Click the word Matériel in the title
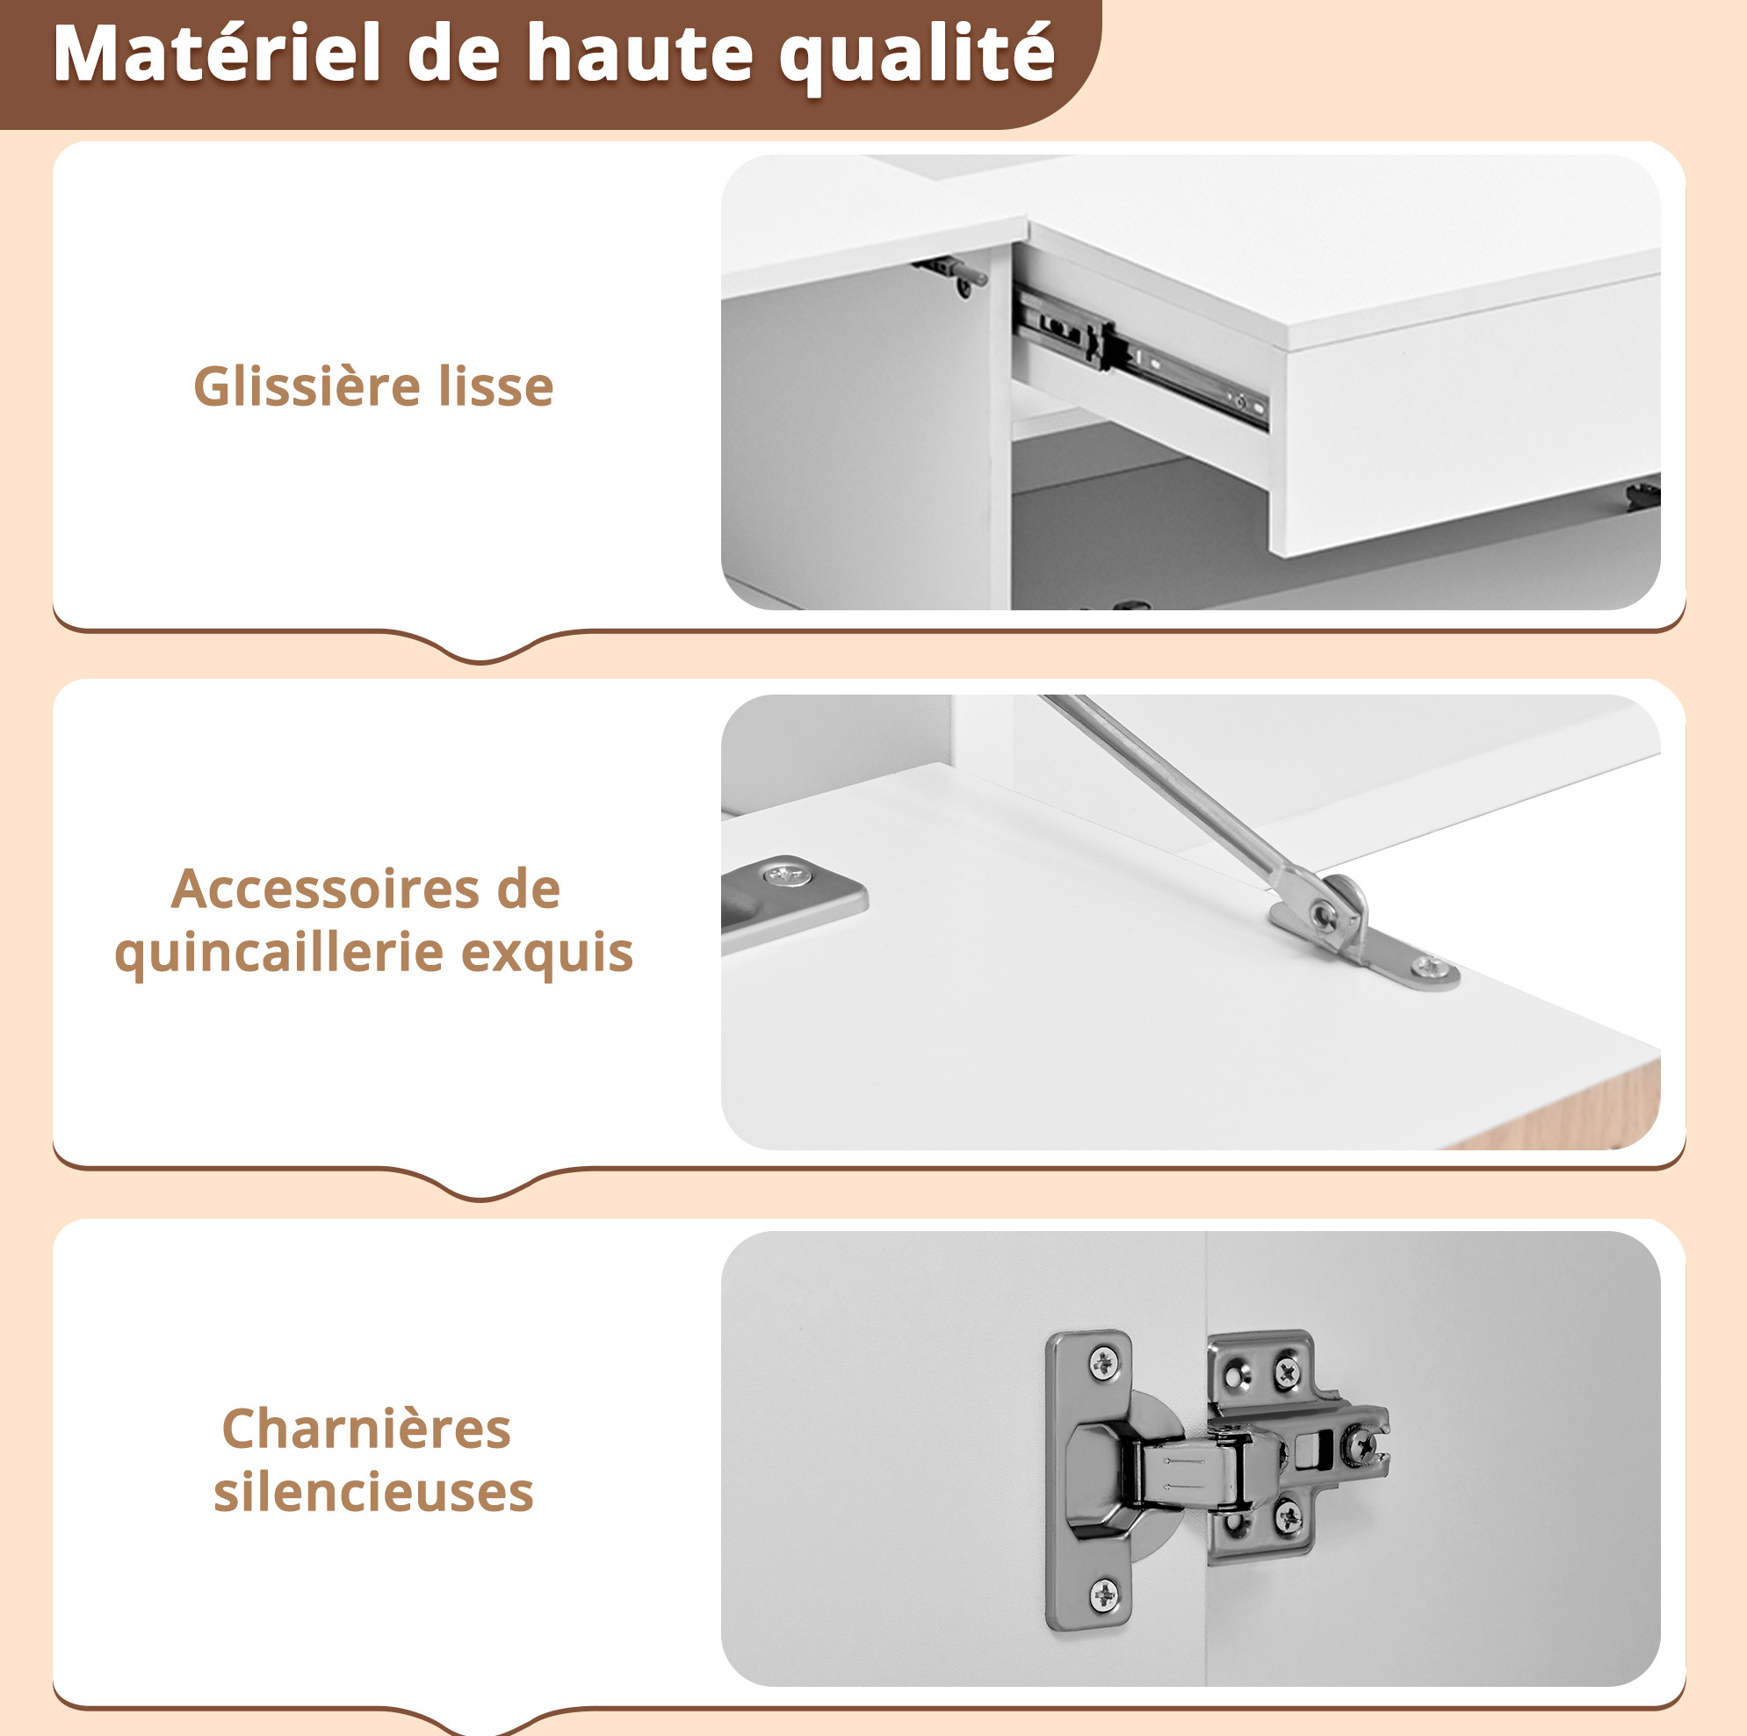pyautogui.click(x=217, y=54)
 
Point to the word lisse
pyautogui.click(x=495, y=386)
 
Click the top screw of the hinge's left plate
pyautogui.click(x=1104, y=1364)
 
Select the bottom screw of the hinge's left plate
pyautogui.click(x=1104, y=1596)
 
